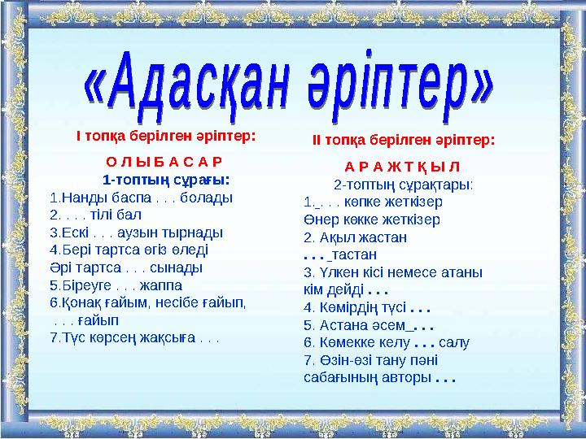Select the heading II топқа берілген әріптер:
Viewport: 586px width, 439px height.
click(404, 140)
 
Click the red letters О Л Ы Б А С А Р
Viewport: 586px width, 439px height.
click(165, 161)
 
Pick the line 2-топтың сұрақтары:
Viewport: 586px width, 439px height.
click(404, 185)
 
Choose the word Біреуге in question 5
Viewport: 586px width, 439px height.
click(82, 285)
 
